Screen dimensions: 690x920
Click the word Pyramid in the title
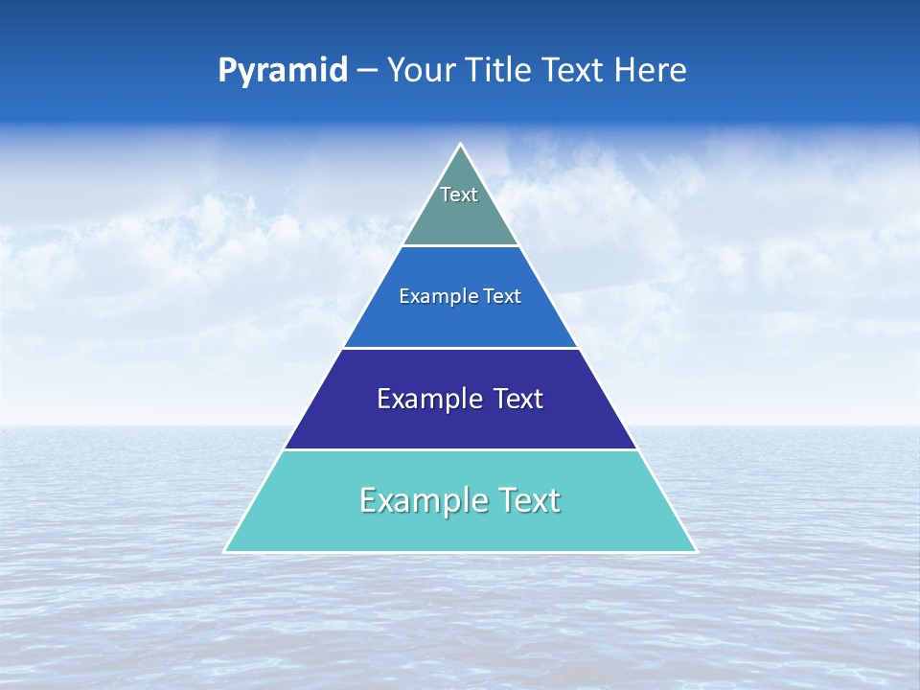click(x=283, y=71)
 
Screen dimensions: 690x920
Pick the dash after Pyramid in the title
click(x=367, y=71)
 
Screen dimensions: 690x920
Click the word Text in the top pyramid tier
click(x=459, y=195)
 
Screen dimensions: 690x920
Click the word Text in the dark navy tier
click(x=518, y=399)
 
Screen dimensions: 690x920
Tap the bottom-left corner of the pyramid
click(x=225, y=551)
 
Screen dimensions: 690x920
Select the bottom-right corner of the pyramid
click(x=696, y=551)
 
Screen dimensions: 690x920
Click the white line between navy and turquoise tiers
click(x=461, y=449)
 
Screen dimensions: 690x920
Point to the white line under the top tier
click(x=461, y=246)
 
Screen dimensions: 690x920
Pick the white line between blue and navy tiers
click(x=461, y=348)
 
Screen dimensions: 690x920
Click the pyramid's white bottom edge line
click(x=461, y=552)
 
